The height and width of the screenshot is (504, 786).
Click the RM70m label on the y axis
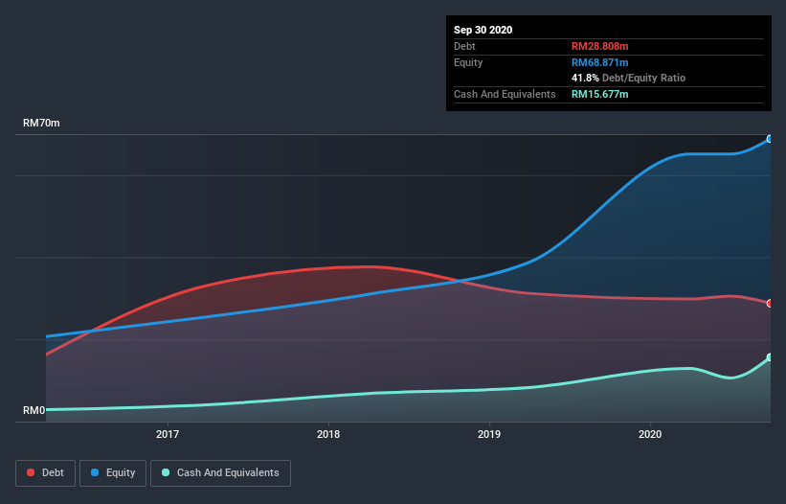point(41,124)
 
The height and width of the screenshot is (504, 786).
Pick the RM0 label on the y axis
point(34,410)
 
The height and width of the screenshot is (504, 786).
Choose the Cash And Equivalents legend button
point(220,472)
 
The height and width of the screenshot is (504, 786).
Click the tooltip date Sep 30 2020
point(483,30)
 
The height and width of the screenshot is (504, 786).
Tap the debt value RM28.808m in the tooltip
point(600,46)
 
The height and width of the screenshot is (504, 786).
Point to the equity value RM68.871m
point(600,62)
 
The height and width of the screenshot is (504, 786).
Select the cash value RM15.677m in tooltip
point(600,94)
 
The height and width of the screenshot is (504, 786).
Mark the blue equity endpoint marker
point(770,139)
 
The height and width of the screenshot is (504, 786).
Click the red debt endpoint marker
point(770,303)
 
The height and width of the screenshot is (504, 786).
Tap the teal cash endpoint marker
point(770,357)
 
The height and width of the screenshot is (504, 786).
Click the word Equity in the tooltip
point(468,62)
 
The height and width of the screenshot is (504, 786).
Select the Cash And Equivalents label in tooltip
point(505,94)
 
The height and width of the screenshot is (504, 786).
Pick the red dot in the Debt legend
point(32,472)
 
